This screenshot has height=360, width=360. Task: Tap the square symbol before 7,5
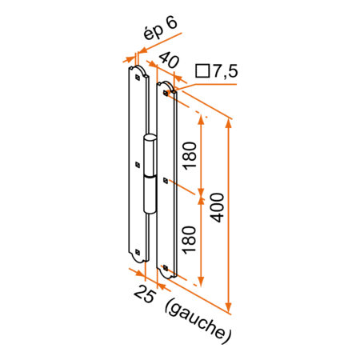tap(202, 72)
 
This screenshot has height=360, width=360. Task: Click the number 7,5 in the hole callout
tap(225, 72)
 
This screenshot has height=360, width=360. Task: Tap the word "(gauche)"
tap(197, 321)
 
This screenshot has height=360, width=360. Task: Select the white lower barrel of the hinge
tap(150, 194)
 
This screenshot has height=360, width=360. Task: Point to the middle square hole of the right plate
tap(165, 179)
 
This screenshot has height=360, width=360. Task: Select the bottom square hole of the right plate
tap(165, 266)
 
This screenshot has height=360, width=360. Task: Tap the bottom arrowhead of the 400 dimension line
tap(230, 307)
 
